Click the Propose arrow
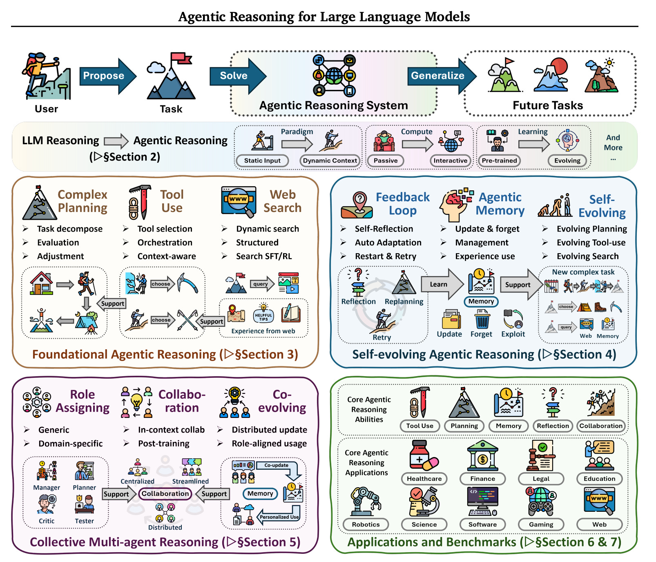coord(105,76)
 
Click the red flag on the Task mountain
coord(181,58)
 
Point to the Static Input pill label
coord(262,161)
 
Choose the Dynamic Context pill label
coord(330,161)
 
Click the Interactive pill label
coord(450,161)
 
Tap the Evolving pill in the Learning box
coord(567,161)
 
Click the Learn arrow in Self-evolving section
coord(441,284)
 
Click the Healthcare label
coord(424,479)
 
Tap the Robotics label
coord(366,524)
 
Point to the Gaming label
coord(541,524)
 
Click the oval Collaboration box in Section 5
coord(165,493)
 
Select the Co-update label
coord(277,465)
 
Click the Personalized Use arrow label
coord(279,517)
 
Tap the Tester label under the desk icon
coord(84,521)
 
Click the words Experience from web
coord(263,331)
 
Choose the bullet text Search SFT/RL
coord(264,256)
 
